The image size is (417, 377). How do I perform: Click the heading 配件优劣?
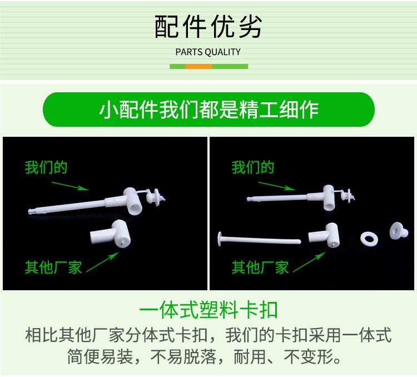point(208,26)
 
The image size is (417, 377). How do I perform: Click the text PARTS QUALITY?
point(208,52)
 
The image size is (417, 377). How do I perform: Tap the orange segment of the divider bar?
point(198,66)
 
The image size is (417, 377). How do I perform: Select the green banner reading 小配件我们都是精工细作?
point(209,109)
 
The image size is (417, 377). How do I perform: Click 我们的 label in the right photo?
point(253,167)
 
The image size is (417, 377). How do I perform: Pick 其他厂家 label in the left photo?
point(53,267)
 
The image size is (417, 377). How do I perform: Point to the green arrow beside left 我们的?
point(69,181)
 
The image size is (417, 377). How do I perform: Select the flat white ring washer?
point(368,239)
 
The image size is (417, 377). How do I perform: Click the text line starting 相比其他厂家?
point(209,335)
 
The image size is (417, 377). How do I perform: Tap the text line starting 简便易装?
point(209,356)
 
